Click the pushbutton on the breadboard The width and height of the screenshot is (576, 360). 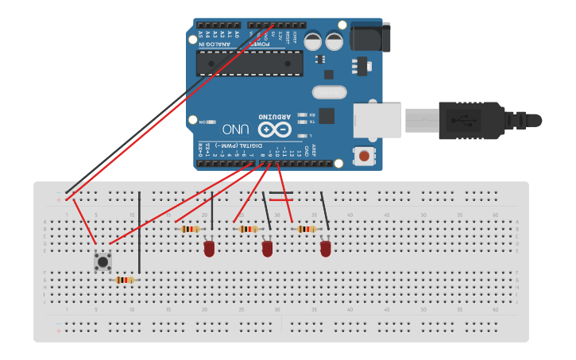point(102,261)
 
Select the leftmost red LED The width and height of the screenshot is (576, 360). point(209,249)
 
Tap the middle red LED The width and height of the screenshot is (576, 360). point(267,249)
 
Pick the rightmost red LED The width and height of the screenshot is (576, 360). point(325,249)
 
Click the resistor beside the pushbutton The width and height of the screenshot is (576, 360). point(124,280)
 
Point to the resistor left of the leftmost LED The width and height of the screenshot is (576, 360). point(190,229)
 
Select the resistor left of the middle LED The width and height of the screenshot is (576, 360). point(248,229)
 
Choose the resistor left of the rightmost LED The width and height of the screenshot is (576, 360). point(306,229)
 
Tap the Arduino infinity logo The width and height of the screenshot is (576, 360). point(274,129)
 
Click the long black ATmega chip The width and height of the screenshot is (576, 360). point(249,64)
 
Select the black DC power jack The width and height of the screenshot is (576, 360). point(370,37)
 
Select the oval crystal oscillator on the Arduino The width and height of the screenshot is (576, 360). point(330,92)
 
